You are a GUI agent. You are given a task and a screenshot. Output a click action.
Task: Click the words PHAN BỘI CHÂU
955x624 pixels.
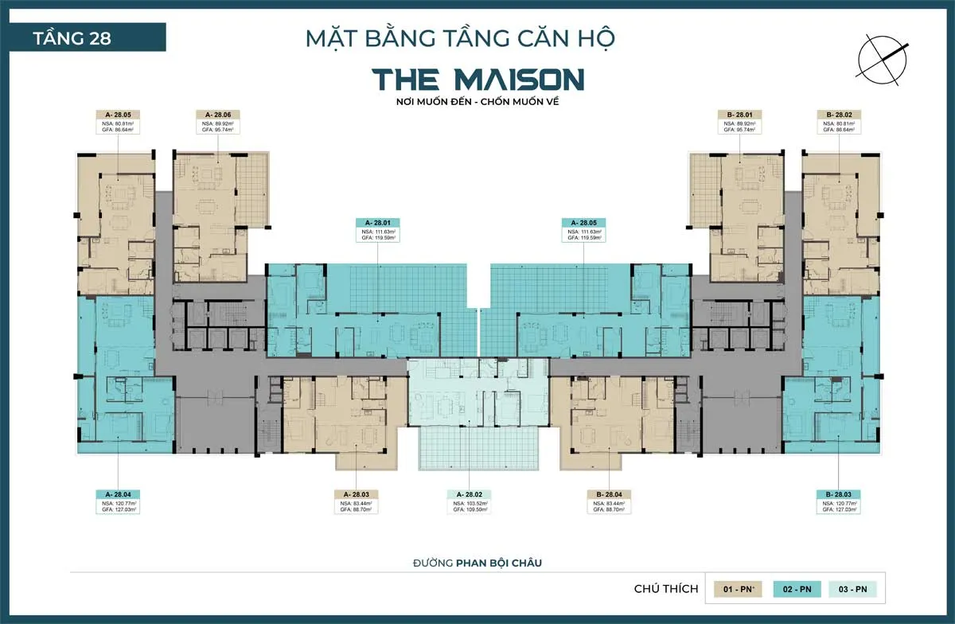point(505,563)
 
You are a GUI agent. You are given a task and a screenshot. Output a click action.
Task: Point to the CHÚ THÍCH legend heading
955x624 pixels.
point(666,589)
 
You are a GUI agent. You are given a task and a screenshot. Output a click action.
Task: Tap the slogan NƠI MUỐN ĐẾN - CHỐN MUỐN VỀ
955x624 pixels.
point(478,103)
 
